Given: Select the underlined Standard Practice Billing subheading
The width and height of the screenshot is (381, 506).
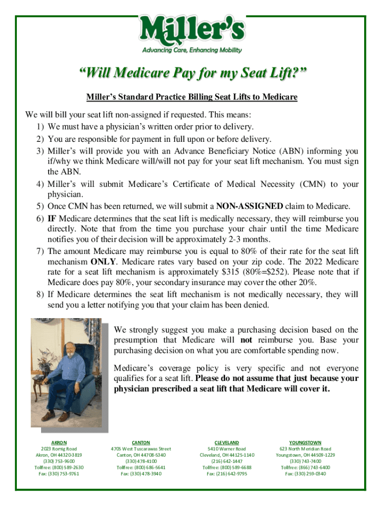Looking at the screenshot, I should (190, 97).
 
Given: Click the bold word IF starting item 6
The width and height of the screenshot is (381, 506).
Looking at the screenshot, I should (51, 218).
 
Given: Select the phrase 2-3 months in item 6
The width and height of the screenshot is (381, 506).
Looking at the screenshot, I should (266, 240).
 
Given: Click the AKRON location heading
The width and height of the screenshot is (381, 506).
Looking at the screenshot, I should (59, 443).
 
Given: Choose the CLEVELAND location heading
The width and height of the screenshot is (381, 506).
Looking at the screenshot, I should (227, 443).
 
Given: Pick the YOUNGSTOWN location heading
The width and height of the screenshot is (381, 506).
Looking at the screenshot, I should (305, 443).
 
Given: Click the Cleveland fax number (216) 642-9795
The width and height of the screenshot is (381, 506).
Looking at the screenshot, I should (227, 473).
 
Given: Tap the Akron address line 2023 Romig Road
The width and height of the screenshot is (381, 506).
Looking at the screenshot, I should (59, 449).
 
